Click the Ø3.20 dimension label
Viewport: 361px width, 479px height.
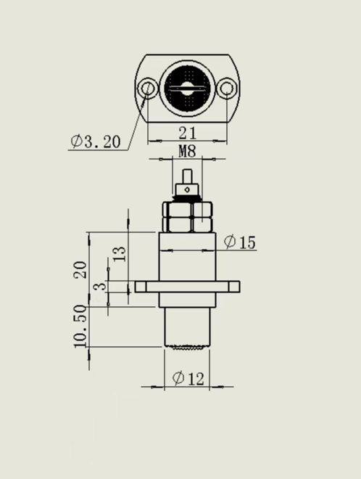[x=96, y=141]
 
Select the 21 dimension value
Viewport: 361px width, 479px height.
[x=187, y=134]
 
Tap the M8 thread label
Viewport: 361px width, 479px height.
[x=187, y=151]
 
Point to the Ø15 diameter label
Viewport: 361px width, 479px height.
[x=239, y=242]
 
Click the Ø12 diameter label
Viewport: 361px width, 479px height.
[x=188, y=379]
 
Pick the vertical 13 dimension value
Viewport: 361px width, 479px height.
[x=120, y=254]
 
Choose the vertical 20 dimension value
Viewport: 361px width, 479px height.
[x=80, y=269]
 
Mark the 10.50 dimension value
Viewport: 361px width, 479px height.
[x=80, y=327]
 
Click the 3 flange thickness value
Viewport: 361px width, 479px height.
[x=100, y=286]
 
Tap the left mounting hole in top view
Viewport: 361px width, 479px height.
[x=147, y=89]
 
